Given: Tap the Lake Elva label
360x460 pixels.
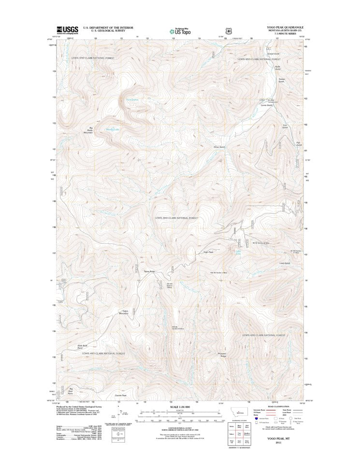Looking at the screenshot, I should pyautogui.click(x=237, y=253).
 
